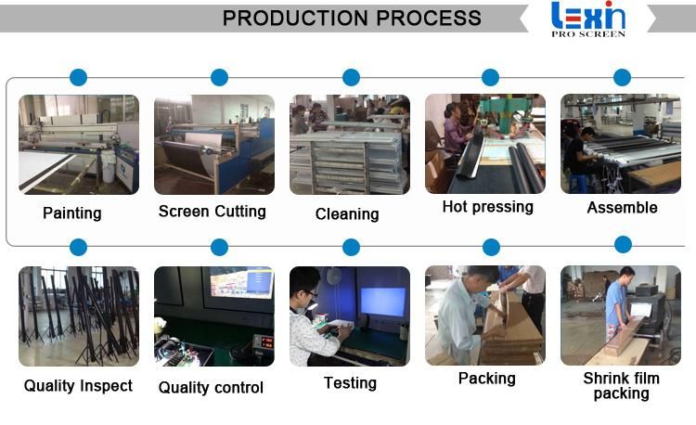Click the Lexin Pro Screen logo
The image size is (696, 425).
(x=588, y=19)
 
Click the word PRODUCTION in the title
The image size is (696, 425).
(x=295, y=19)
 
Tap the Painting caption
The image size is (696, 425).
(x=71, y=212)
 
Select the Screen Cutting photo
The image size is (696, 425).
(x=214, y=144)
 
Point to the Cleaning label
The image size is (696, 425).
(x=347, y=213)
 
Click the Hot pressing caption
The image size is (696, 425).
(x=488, y=207)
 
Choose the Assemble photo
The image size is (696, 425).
(x=621, y=144)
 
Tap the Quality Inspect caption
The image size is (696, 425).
(x=78, y=385)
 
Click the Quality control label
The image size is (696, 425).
(x=211, y=387)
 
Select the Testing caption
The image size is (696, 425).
(x=350, y=383)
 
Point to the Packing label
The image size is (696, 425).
(x=487, y=379)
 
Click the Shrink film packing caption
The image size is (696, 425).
(x=621, y=385)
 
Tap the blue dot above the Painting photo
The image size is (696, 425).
(x=79, y=77)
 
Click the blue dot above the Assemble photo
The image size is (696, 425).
(x=623, y=77)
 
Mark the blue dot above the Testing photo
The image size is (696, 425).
(x=351, y=247)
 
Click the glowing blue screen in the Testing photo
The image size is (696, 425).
(x=383, y=303)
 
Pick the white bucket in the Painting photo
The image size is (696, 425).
(x=109, y=172)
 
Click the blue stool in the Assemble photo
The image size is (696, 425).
(x=578, y=183)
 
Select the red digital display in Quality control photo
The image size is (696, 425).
(x=266, y=342)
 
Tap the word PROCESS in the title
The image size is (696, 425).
(x=429, y=19)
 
